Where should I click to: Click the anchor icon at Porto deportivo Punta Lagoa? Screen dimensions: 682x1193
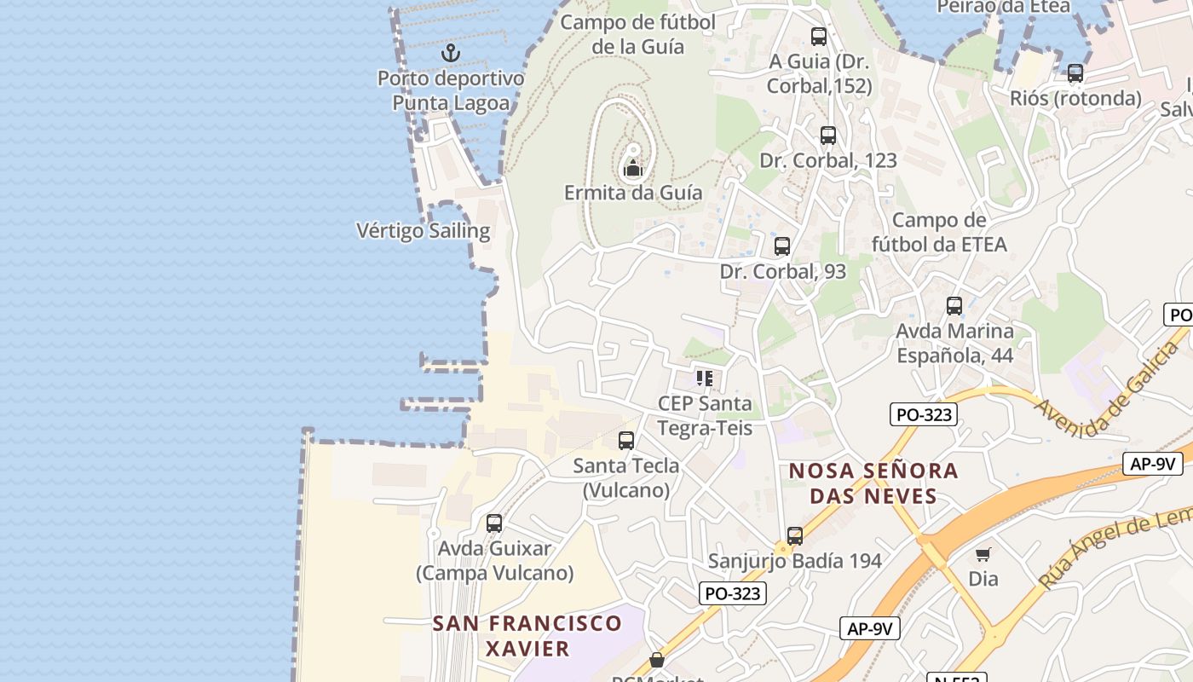click(x=450, y=53)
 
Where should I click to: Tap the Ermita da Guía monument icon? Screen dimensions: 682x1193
click(x=632, y=168)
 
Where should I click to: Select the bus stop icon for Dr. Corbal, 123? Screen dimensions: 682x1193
click(x=827, y=136)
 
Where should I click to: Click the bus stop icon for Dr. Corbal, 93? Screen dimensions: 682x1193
click(x=781, y=246)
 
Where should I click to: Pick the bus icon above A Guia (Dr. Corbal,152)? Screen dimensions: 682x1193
click(x=819, y=37)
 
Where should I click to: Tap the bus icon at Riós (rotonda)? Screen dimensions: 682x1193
click(x=1075, y=73)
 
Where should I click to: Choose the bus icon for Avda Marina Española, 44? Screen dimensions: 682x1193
click(x=954, y=306)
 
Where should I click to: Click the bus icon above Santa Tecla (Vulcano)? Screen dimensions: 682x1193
click(x=626, y=441)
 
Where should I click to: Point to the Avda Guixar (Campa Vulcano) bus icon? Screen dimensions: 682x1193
click(x=494, y=523)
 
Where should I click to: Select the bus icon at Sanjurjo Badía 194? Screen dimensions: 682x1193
click(x=795, y=536)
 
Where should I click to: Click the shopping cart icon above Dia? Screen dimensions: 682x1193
click(x=983, y=555)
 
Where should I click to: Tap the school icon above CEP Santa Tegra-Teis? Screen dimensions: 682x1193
click(x=704, y=378)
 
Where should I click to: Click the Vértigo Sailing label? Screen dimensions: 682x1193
click(x=423, y=230)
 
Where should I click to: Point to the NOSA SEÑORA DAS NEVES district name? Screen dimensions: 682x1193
click(x=873, y=483)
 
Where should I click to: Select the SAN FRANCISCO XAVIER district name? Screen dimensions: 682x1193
click(x=527, y=635)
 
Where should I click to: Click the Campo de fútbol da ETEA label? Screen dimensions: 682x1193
click(x=939, y=233)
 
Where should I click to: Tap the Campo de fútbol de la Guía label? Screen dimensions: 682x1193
click(x=638, y=34)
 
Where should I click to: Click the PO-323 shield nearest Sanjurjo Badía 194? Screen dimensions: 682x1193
click(x=733, y=593)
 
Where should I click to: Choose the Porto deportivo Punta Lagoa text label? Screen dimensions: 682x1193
click(x=451, y=90)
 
